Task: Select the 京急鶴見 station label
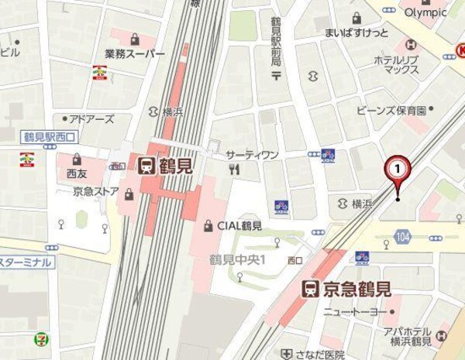tap(356, 289)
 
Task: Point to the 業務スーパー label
tap(135, 54)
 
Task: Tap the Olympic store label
tap(426, 12)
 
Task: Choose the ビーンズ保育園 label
tap(391, 110)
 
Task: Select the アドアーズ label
tap(91, 118)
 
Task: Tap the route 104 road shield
tap(402, 236)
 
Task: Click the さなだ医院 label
tap(324, 355)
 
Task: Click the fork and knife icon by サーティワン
tap(234, 169)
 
